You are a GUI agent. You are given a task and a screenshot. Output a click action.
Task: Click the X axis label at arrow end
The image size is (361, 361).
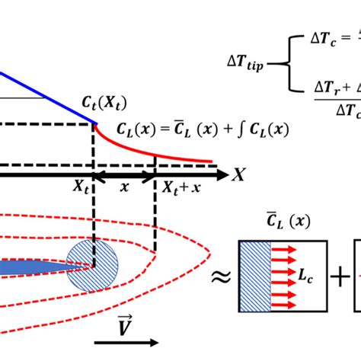238,175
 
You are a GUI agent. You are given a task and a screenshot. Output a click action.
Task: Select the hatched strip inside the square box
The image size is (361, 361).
250,276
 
